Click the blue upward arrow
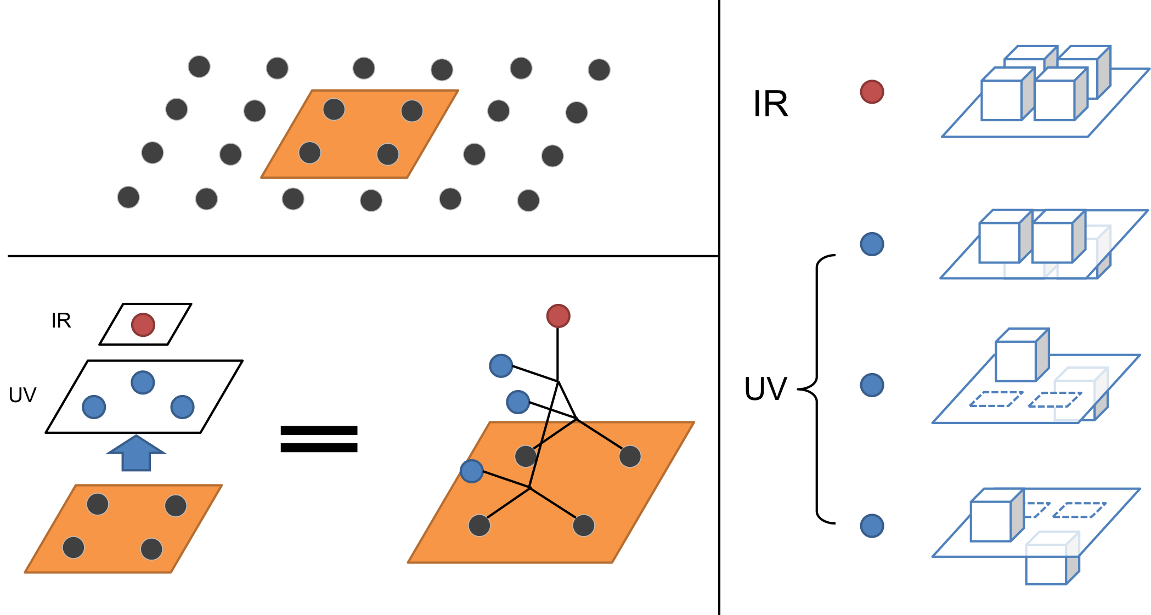tap(136, 455)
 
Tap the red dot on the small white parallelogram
tap(143, 325)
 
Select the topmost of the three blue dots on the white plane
tap(143, 382)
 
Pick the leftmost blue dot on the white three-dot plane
tap(94, 407)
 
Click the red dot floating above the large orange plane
tap(558, 316)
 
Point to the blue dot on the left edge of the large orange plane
tap(471, 471)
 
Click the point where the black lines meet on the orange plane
tap(529, 487)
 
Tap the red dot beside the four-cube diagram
tap(872, 92)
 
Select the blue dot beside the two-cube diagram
tap(872, 244)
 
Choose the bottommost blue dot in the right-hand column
tap(872, 526)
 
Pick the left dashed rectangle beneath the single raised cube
tap(996, 399)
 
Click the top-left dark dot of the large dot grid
tap(199, 66)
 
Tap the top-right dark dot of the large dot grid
tap(599, 70)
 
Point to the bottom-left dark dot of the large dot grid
tap(128, 197)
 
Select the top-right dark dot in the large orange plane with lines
tap(630, 456)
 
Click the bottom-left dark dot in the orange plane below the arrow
tap(74, 547)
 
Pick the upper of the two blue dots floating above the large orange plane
tap(500, 366)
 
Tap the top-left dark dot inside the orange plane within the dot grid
tap(334, 109)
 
